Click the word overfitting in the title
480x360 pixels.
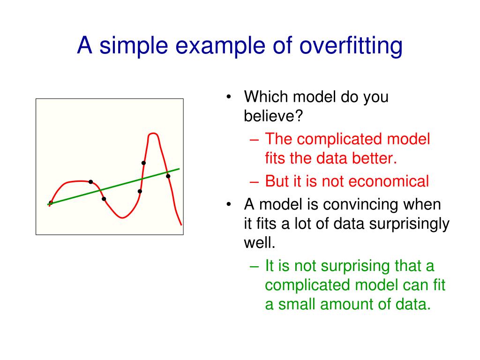[x=351, y=46]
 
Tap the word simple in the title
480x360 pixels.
[x=134, y=46]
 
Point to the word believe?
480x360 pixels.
[x=273, y=116]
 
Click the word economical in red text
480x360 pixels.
[x=389, y=181]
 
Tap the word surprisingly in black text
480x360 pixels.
[x=409, y=224]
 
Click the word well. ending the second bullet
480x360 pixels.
[x=260, y=243]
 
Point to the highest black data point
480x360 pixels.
[x=143, y=163]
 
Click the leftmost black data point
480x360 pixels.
[x=51, y=202]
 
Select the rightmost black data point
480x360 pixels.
[x=168, y=176]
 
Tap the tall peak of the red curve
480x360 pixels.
[x=153, y=134]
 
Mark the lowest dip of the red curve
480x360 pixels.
[x=122, y=217]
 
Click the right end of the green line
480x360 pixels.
[x=180, y=169]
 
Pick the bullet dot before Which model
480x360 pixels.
[x=228, y=97]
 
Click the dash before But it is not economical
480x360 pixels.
[x=255, y=182]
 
